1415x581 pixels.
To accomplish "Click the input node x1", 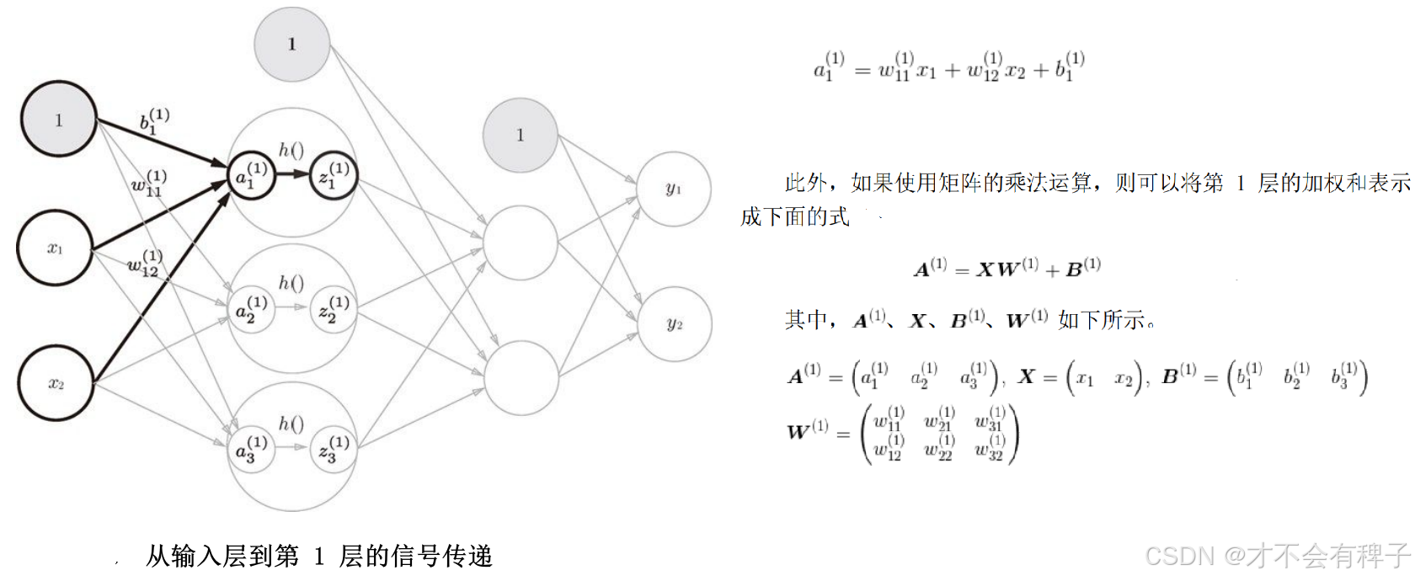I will click(56, 248).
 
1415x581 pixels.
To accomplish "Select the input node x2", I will click(56, 383).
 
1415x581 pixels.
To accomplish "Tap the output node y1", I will click(673, 189).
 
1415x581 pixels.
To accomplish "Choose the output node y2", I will click(674, 324).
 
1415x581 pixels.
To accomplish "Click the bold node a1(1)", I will click(251, 176).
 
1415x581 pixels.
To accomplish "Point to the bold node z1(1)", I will click(334, 176).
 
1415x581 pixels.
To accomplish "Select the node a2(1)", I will click(251, 309).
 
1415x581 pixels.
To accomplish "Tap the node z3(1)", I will click(334, 449).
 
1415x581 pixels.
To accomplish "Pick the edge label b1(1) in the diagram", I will click(154, 120).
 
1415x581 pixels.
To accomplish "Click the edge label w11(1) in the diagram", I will click(149, 183).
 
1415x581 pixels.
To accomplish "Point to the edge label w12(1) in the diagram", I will click(144, 263).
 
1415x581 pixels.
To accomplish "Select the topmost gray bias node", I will click(291, 44).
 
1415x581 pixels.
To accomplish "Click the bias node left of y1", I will click(520, 135).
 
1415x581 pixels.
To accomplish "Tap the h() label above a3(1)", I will click(291, 424).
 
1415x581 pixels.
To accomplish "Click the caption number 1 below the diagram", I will click(318, 557).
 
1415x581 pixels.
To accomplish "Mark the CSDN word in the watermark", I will click(1179, 556).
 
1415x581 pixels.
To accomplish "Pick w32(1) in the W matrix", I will click(990, 447).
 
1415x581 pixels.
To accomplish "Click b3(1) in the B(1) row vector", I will click(1344, 376).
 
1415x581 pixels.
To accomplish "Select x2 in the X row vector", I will click(1124, 379).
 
